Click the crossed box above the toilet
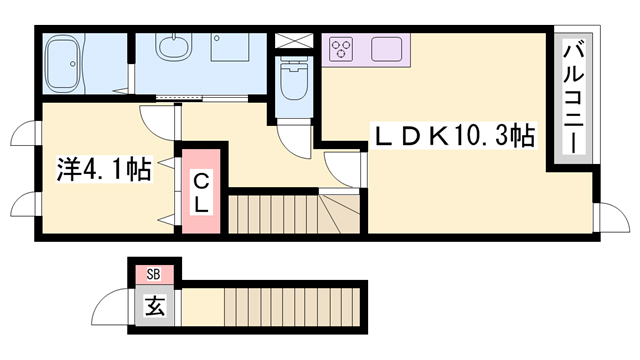(x=294, y=41)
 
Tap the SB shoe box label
(x=154, y=273)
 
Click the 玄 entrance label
(x=155, y=306)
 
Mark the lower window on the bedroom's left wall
(x=25, y=204)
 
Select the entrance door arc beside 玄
(x=113, y=303)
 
